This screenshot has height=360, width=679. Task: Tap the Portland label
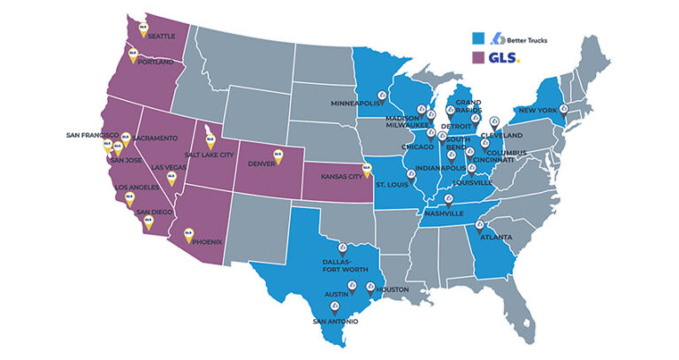tap(156, 62)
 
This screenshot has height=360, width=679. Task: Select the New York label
tap(537, 110)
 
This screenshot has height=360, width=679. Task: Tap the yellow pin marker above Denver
tap(278, 154)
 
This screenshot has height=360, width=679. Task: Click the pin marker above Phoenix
tap(187, 234)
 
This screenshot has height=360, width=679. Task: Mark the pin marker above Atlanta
tap(480, 227)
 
